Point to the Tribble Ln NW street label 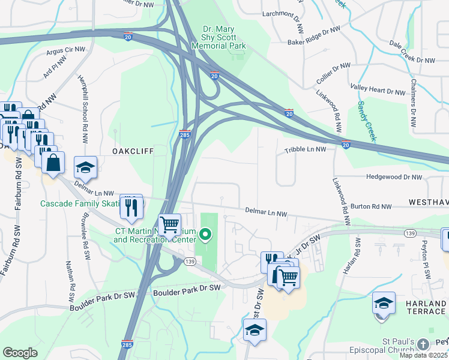[305, 149]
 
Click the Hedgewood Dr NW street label [390, 178]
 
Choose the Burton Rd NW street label [372, 206]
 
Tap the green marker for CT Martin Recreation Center [206, 234]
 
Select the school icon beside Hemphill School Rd [85, 167]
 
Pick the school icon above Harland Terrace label [384, 303]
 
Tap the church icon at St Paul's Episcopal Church [424, 344]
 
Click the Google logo [20, 353]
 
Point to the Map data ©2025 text [423, 355]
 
